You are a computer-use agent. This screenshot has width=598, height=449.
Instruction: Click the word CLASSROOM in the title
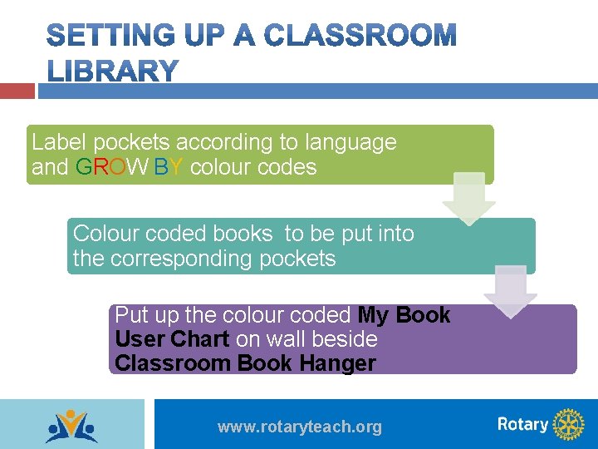coord(360,36)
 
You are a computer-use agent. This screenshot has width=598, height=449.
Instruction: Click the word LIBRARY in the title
coord(112,72)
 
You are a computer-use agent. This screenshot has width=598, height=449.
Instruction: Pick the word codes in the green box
coord(287,167)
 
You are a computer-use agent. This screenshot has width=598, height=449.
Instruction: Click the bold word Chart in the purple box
coord(200,339)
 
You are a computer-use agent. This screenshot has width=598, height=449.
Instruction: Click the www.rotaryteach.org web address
coord(300,427)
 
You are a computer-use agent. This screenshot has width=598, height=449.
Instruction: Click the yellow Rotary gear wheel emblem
coord(568,424)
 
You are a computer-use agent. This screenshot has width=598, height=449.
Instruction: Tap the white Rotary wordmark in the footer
coord(522,424)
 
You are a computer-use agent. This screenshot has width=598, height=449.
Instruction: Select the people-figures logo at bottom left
coord(71,426)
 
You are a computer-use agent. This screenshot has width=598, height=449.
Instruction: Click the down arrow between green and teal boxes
coord(468,199)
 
